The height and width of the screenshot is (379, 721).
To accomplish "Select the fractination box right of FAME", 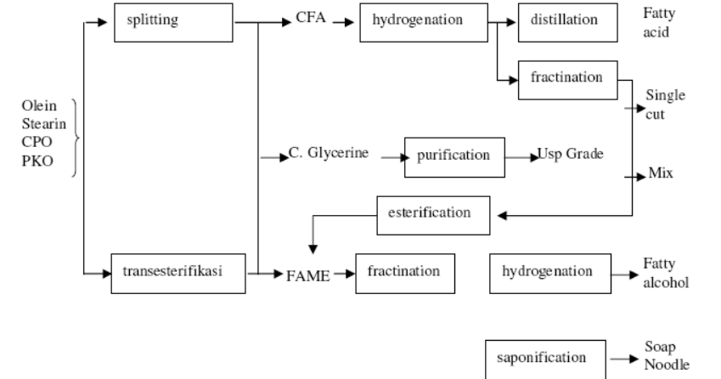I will click(x=404, y=273).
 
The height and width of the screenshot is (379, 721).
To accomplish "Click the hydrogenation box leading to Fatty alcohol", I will click(x=547, y=274).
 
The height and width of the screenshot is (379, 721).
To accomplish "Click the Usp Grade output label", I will click(x=570, y=156).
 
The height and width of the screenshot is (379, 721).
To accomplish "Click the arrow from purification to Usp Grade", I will click(x=520, y=157).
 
